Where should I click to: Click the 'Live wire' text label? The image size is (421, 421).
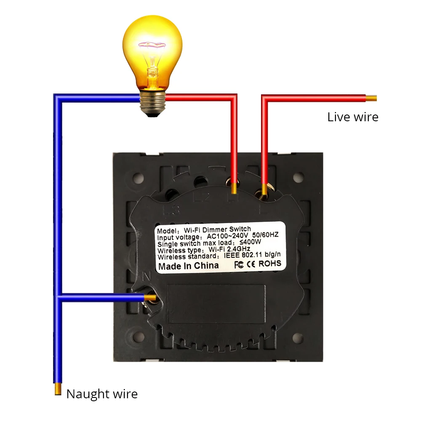[353, 117]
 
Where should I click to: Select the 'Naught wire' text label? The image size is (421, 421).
[102, 394]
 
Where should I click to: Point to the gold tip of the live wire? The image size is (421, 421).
[371, 99]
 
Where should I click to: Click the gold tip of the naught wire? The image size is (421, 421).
[58, 389]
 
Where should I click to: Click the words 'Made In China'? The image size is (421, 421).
[188, 266]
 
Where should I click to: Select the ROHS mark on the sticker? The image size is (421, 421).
[270, 264]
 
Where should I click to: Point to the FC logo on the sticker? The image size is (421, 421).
[238, 264]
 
